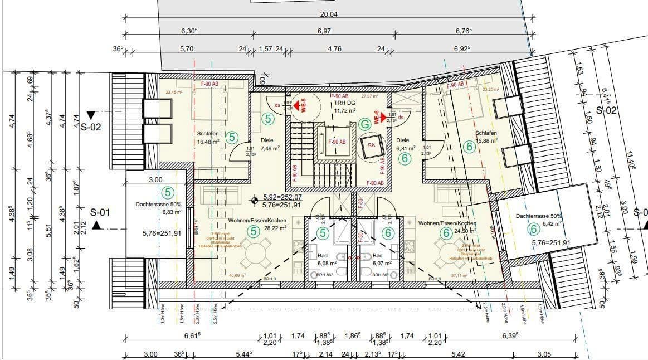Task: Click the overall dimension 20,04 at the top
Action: pyautogui.click(x=328, y=14)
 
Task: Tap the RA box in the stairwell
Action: pyautogui.click(x=372, y=145)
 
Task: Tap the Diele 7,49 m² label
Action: pyautogui.click(x=270, y=144)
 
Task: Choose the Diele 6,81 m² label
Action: pyautogui.click(x=405, y=144)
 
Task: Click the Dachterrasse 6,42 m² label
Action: pyautogui.click(x=538, y=219)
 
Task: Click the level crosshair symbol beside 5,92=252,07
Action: pyautogui.click(x=254, y=198)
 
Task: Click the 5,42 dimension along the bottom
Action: pyautogui.click(x=458, y=354)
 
